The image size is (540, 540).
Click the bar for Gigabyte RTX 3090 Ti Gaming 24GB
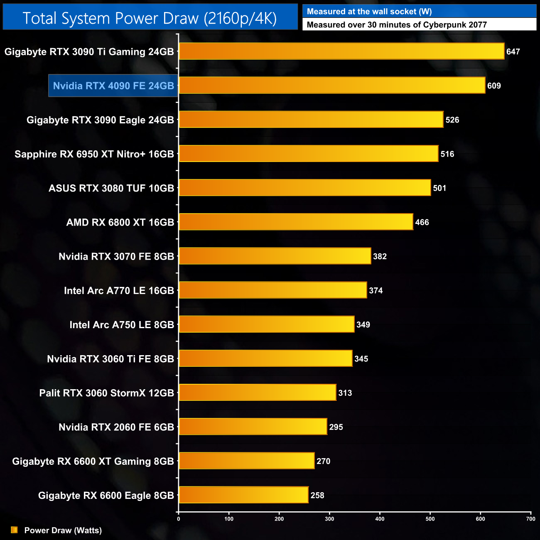341,51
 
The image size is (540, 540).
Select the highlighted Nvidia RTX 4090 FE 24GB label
113,86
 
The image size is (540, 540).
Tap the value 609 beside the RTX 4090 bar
494,86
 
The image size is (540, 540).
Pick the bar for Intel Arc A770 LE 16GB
273,290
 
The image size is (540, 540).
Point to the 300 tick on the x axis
329,518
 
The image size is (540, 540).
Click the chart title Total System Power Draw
150,18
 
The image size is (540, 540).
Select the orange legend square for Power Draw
14,530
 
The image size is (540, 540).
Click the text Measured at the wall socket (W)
369,12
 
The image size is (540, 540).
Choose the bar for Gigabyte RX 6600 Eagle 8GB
244,495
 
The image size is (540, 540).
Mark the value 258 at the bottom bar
317,495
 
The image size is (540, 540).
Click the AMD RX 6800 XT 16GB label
120,222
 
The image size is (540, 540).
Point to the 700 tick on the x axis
530,518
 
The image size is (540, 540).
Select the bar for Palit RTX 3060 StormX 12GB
258,393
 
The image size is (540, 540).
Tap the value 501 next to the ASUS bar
439,188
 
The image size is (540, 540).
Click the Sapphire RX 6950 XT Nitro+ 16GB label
94,154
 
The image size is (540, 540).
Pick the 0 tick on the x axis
179,518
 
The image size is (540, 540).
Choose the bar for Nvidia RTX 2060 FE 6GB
253,427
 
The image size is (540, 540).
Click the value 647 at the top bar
513,52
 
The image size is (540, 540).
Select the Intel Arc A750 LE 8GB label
122,325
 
